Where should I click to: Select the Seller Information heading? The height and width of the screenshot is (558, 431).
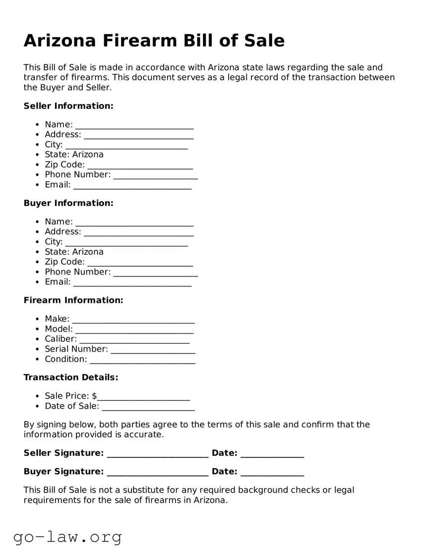68,106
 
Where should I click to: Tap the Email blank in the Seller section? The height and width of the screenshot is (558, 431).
132,186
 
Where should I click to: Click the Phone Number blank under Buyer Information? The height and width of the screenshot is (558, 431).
155,274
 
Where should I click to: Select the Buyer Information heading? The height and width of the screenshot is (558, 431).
68,203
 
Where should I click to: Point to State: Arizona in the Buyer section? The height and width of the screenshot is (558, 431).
74,252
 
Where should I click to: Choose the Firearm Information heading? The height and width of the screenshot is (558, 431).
73,300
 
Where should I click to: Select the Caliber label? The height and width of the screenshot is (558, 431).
61,339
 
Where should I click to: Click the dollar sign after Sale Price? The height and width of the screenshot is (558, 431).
95,396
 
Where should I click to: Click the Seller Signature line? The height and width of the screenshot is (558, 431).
158,455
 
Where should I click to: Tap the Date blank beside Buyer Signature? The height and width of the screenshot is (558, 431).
272,474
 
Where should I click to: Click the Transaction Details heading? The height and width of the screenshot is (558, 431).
71,377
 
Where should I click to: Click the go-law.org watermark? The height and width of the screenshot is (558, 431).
67,537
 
